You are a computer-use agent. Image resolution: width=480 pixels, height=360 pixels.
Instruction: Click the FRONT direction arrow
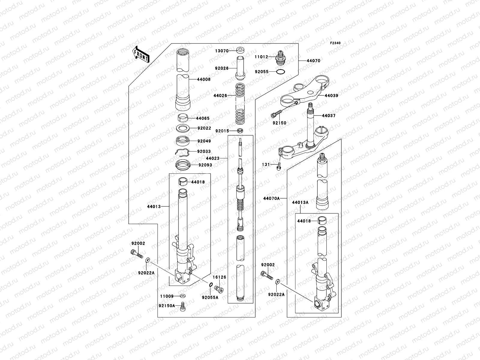coord(140,54)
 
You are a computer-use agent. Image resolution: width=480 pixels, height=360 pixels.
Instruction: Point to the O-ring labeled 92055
coord(280,72)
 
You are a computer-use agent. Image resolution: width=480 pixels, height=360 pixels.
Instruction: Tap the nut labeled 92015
coord(240,130)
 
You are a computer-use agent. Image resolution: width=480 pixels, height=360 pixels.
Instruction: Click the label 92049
coord(204,141)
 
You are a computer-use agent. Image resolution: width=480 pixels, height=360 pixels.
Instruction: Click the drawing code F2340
coord(335,43)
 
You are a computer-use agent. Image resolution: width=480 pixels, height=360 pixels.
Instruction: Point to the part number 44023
coord(213,158)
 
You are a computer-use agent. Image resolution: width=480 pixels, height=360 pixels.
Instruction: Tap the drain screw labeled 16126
coord(220,289)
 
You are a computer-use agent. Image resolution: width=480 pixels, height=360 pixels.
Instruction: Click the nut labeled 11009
coord(183,296)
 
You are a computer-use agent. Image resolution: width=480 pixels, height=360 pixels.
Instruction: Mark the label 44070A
coord(271,198)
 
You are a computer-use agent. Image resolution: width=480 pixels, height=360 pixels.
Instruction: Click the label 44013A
coord(300,202)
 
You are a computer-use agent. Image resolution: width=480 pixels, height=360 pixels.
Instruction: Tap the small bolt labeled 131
coord(279,165)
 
